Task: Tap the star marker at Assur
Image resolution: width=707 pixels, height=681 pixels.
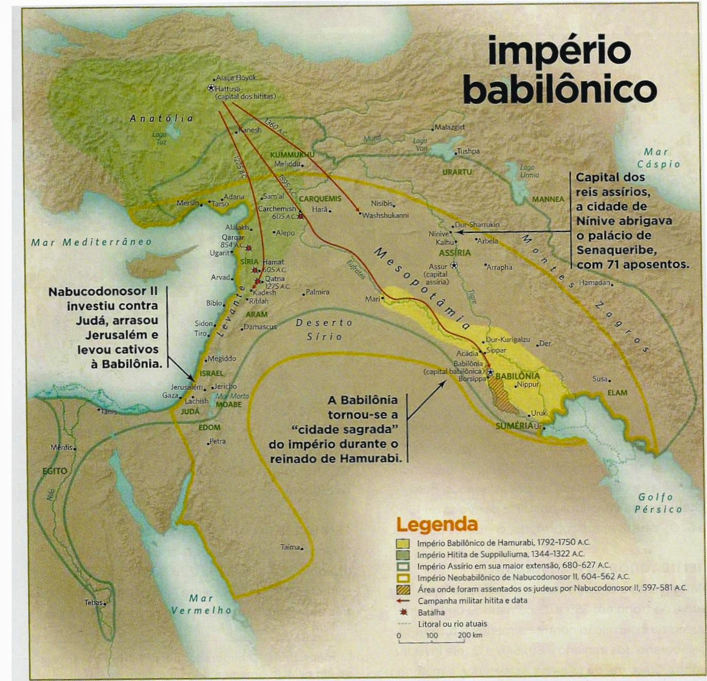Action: pyautogui.click(x=454, y=266)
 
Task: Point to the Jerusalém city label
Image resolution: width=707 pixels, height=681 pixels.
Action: pyautogui.click(x=187, y=387)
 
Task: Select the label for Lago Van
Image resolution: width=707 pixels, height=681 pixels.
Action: pyautogui.click(x=420, y=145)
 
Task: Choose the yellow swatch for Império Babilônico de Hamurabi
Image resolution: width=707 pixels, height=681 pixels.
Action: pyautogui.click(x=403, y=543)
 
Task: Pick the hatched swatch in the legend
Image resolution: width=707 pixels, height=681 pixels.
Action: pyautogui.click(x=403, y=588)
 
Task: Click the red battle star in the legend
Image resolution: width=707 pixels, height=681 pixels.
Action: pyautogui.click(x=404, y=613)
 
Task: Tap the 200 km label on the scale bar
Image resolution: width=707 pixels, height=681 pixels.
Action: pyautogui.click(x=470, y=635)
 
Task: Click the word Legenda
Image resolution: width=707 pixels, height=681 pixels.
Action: pyautogui.click(x=437, y=525)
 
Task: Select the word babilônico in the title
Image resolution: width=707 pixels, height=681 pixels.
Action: pyautogui.click(x=560, y=89)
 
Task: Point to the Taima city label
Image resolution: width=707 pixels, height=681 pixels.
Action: pyautogui.click(x=290, y=547)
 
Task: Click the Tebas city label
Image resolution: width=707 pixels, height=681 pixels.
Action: pyautogui.click(x=94, y=602)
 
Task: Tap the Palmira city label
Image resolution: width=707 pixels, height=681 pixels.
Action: pyautogui.click(x=317, y=292)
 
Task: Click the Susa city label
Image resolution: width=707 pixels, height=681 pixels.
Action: pyautogui.click(x=600, y=378)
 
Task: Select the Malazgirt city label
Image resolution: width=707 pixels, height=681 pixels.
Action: pyautogui.click(x=450, y=127)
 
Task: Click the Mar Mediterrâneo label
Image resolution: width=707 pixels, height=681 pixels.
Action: pyautogui.click(x=92, y=242)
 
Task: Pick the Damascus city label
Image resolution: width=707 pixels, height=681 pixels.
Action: pyautogui.click(x=260, y=327)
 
